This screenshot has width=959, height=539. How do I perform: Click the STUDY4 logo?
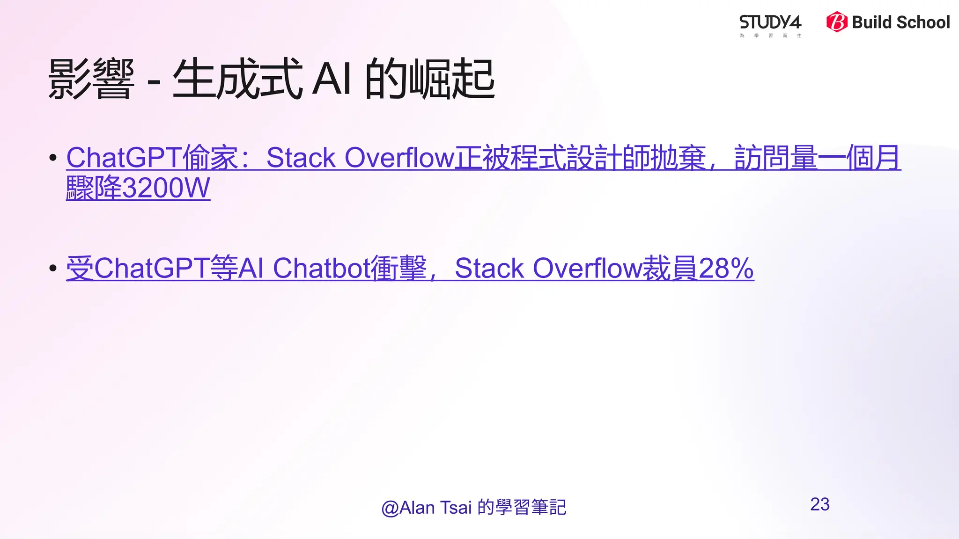pos(770,23)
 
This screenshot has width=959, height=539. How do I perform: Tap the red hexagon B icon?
pos(836,22)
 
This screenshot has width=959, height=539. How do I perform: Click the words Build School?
pos(900,22)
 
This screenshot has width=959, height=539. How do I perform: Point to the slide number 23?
pos(819,504)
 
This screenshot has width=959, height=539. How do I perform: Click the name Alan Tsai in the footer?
pos(435,508)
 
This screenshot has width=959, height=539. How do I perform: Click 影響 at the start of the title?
pos(91,79)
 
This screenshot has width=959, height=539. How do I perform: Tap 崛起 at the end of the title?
pos(452,79)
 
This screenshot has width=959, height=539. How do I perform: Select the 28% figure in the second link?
pos(726,269)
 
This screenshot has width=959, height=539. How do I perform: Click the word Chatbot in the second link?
pos(322,269)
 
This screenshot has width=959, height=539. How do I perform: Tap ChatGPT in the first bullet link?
pos(124,158)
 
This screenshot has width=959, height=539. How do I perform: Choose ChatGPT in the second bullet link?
pos(152,269)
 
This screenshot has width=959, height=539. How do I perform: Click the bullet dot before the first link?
pos(53,158)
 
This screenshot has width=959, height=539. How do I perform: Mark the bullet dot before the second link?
pos(53,269)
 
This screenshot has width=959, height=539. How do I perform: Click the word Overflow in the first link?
pos(399,158)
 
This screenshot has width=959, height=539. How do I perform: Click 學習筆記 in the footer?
pos(531,508)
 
